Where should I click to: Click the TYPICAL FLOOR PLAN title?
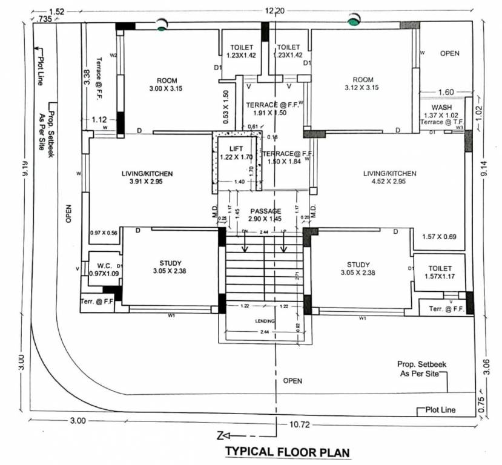[x=288, y=452]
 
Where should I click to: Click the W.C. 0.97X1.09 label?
[x=101, y=269]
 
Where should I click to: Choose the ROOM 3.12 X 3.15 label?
[x=363, y=84]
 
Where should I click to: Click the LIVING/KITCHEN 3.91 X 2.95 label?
[x=147, y=177]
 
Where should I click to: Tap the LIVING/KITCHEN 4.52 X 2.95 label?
[x=389, y=177]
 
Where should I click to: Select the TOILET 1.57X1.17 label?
[x=440, y=272]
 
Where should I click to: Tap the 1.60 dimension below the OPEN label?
[x=445, y=93]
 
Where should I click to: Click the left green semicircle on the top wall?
[x=161, y=25]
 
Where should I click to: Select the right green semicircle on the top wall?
[x=353, y=21]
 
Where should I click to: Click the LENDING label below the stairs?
[x=265, y=321]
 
